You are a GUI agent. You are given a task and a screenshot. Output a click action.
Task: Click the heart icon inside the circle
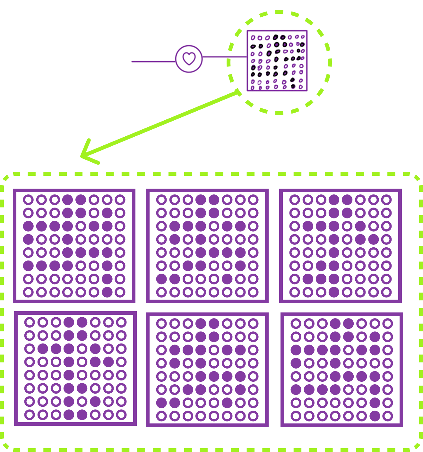tap(189, 59)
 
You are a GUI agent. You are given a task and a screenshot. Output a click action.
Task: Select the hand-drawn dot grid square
tap(277, 61)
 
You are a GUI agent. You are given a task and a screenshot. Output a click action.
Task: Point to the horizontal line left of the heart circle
tap(153, 61)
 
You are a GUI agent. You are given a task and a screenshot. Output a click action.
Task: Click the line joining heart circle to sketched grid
tap(224, 57)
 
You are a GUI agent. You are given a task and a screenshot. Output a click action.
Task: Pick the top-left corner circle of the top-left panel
tap(28, 200)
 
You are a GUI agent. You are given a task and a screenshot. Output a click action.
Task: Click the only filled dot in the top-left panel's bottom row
tap(107, 292)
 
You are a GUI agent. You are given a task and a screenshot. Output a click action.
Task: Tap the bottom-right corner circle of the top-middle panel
tap(253, 292)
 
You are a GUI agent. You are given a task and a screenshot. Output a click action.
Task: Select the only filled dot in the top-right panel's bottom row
tap(334, 292)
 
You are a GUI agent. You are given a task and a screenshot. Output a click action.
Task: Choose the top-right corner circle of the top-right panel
tap(386, 200)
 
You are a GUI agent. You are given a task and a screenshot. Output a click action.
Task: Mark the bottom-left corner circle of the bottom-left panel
tap(30, 415)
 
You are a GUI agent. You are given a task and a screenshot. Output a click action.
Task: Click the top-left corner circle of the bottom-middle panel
tap(161, 323)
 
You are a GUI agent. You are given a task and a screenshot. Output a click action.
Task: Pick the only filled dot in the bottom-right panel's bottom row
tap(375, 416)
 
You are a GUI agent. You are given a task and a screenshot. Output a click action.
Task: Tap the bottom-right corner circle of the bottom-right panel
tap(388, 416)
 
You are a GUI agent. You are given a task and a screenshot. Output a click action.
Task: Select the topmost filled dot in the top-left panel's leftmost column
tap(28, 226)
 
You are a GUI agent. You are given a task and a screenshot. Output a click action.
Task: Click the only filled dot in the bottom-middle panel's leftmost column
tap(161, 403)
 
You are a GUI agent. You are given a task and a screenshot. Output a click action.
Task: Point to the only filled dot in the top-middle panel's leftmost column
tap(161, 279)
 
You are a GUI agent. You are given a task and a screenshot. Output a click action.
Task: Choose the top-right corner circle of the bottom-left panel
tap(121, 322)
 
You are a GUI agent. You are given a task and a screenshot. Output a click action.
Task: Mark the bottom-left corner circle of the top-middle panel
tap(161, 292)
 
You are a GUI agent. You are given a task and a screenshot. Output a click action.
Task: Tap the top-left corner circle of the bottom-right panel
tap(296, 323)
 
